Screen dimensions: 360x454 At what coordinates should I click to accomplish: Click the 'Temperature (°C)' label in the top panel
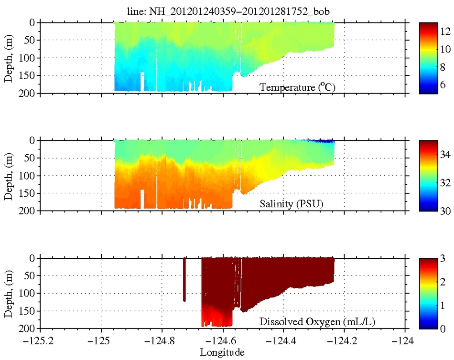pyautogui.click(x=294, y=87)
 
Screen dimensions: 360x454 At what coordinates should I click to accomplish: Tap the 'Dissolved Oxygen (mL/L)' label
pyautogui.click(x=317, y=323)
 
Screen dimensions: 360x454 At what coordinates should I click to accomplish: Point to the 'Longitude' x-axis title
pyautogui.click(x=222, y=352)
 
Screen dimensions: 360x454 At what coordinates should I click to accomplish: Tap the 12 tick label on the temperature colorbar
pyautogui.click(x=445, y=32)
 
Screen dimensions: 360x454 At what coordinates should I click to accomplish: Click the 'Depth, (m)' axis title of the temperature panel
pyautogui.click(x=8, y=58)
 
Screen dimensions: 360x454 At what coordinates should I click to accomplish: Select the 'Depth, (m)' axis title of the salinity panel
pyautogui.click(x=8, y=175)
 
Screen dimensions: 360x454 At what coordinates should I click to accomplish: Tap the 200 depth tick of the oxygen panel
pyautogui.click(x=28, y=328)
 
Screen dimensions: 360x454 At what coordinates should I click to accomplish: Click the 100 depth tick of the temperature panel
pyautogui.click(x=28, y=58)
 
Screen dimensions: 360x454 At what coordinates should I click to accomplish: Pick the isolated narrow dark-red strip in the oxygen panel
pyautogui.click(x=184, y=280)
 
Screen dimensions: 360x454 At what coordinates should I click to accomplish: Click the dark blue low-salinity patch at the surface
pyautogui.click(x=321, y=141)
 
